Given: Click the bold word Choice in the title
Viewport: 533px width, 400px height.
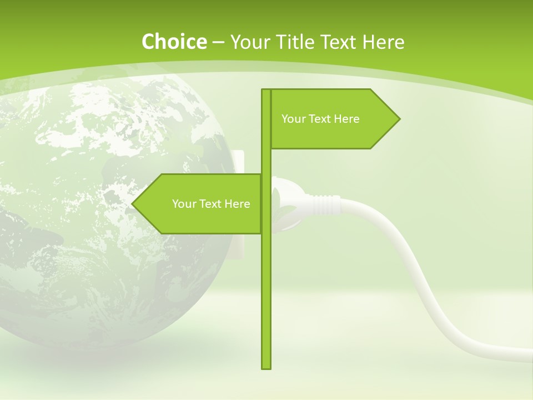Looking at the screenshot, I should pyautogui.click(x=174, y=42).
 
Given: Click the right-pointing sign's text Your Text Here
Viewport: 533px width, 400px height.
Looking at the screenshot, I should pyautogui.click(x=320, y=119).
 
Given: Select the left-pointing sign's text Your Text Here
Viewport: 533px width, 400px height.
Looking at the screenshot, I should pyautogui.click(x=211, y=204).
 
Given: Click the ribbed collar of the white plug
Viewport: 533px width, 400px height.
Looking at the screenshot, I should pyautogui.click(x=324, y=204).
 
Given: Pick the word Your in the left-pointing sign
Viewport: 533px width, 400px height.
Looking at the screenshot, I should pyautogui.click(x=184, y=204).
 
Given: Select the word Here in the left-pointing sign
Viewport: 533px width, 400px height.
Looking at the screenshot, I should pyautogui.click(x=237, y=204).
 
